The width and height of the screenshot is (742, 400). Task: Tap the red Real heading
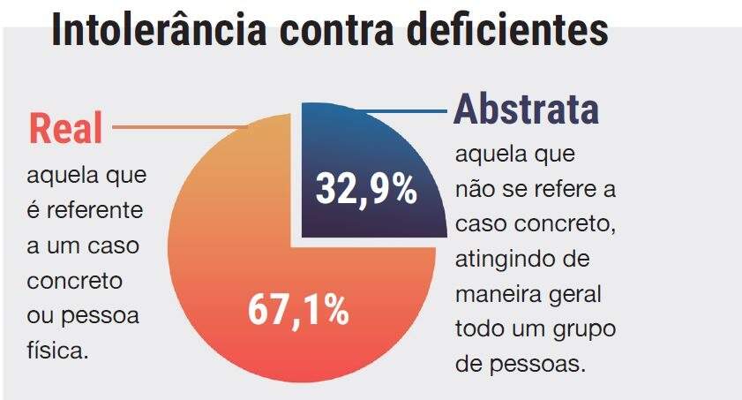tap(66, 129)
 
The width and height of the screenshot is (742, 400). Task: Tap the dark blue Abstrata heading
tap(527, 109)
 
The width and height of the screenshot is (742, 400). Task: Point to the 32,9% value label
tap(366, 190)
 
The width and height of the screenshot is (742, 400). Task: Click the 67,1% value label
tap(297, 312)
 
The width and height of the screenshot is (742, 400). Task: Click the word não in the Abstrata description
tap(473, 191)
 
